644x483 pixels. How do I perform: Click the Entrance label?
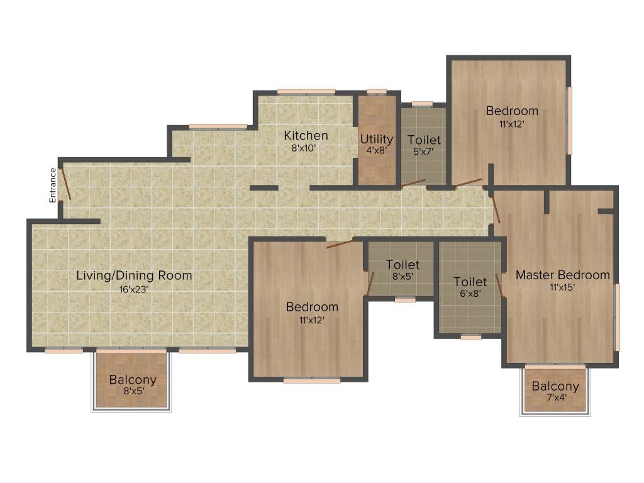53,185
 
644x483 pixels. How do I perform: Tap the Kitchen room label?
306,136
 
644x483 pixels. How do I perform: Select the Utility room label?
376,139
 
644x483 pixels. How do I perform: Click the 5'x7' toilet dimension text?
424,152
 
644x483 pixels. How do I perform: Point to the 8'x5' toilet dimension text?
402,276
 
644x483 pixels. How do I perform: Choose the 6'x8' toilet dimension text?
470,293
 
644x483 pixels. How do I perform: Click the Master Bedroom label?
562,275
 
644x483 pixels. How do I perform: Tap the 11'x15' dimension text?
562,287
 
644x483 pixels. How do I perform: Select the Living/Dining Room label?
134,275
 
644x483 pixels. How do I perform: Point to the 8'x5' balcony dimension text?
132,392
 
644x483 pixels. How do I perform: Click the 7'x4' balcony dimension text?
555,397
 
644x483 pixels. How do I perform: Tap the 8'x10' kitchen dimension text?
306,148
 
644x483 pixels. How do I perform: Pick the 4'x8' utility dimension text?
376,151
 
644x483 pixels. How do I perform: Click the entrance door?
65,183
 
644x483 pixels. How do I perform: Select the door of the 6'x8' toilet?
499,284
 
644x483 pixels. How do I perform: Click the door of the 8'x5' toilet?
370,283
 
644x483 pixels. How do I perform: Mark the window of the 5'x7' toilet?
422,104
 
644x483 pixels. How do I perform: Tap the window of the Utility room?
376,92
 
